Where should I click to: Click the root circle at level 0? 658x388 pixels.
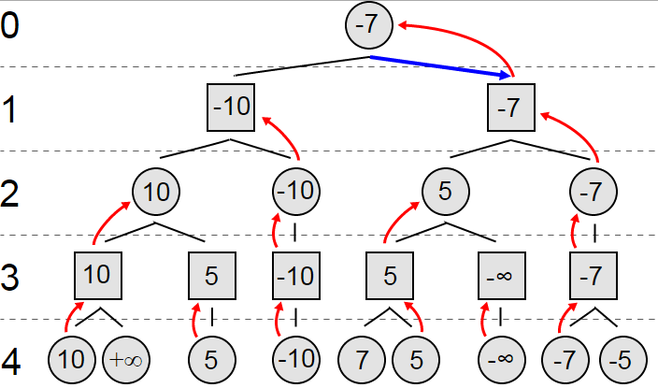369,24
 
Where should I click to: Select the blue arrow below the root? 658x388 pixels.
440,67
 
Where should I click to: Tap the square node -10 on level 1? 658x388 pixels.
231,108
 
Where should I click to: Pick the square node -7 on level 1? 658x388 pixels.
511,108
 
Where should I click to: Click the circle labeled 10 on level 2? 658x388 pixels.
156,192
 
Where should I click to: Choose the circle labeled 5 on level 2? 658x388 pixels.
445,192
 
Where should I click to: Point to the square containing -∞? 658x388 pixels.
502,276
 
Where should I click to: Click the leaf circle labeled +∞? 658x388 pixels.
126,360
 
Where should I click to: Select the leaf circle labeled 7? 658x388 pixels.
362,360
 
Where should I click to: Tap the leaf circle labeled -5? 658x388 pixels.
623,360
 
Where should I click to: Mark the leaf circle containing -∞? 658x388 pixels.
502,360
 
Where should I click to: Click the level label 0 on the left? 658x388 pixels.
9,25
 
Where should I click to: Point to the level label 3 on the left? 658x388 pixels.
9,277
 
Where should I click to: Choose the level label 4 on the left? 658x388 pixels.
10,361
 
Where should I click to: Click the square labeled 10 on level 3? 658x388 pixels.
98,276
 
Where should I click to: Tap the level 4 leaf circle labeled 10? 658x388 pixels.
72,360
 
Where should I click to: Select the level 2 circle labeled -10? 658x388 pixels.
296,192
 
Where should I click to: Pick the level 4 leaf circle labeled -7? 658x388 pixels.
565,360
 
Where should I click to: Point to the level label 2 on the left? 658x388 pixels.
9,194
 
